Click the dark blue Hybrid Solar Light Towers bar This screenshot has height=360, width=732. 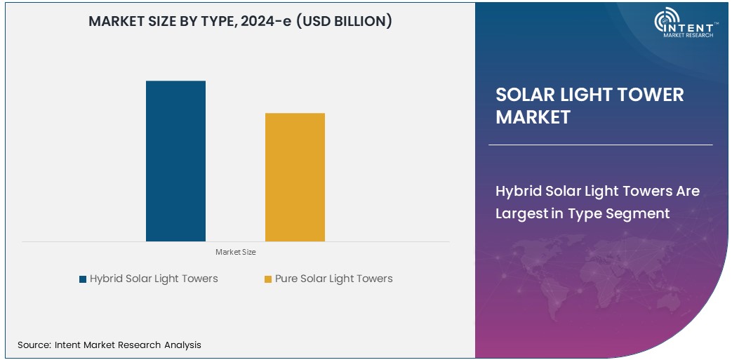[175, 161]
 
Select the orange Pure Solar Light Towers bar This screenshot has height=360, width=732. [295, 177]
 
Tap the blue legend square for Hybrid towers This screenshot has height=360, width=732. [83, 279]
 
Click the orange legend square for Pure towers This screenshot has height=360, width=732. [268, 279]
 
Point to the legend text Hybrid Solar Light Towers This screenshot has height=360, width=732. [154, 279]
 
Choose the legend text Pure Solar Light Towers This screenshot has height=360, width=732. [333, 279]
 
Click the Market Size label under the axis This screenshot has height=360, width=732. [236, 252]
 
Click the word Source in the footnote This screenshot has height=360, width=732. [33, 345]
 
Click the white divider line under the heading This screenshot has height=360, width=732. [600, 145]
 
